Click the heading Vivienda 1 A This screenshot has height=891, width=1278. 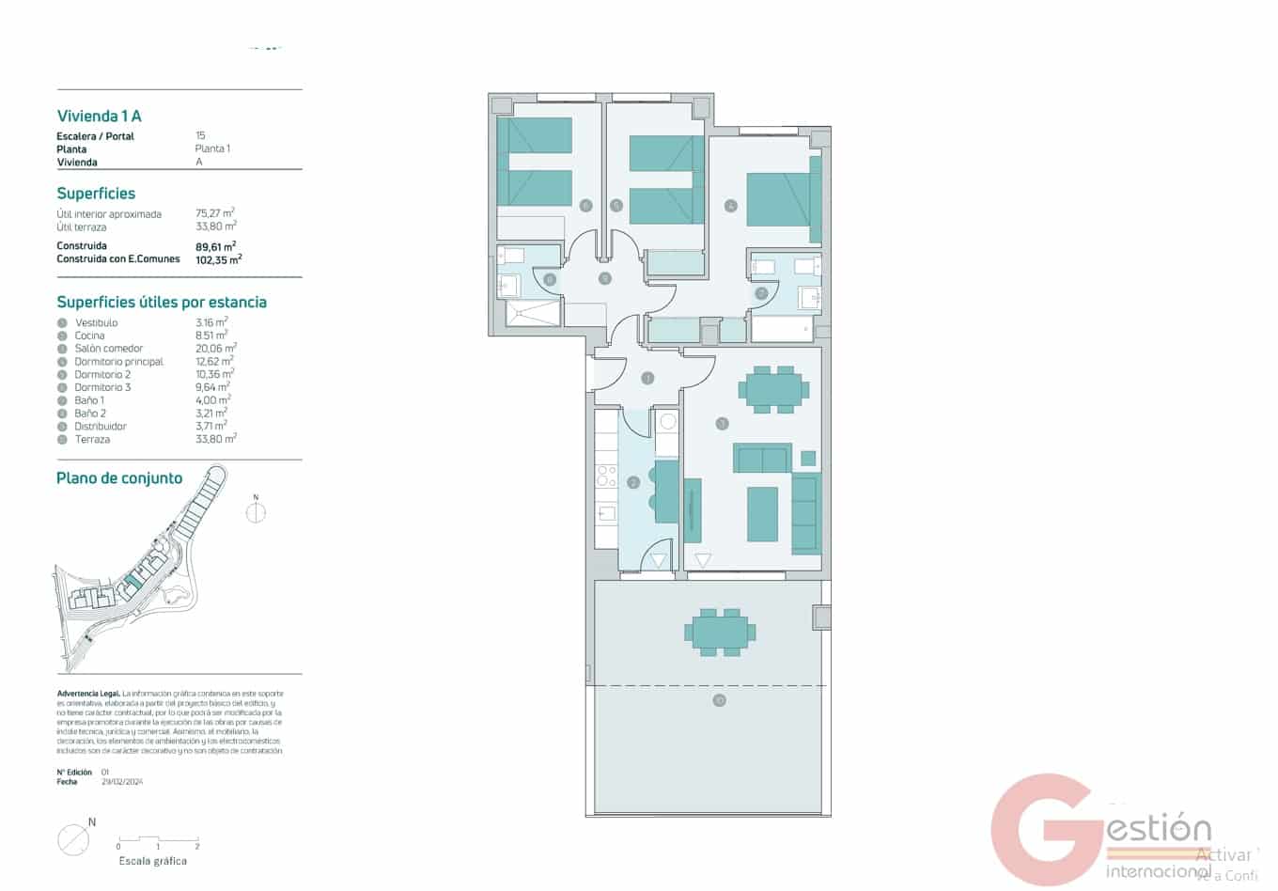point(99,117)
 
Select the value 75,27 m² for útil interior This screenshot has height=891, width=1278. point(214,213)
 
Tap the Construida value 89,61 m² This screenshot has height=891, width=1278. point(215,246)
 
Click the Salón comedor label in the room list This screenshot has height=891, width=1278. point(108,349)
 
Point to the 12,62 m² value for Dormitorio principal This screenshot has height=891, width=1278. point(214,361)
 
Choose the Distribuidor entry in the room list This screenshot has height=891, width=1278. point(101,426)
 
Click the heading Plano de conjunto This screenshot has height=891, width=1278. point(119,478)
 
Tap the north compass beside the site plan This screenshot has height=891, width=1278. point(256,512)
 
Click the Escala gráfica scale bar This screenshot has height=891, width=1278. point(157,839)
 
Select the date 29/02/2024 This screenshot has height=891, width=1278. point(122,782)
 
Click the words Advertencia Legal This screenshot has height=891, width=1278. point(87,694)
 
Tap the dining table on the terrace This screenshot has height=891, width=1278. point(721,632)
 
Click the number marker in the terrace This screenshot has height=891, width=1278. point(719,700)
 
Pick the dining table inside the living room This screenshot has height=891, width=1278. point(774,389)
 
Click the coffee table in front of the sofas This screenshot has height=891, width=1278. point(762,514)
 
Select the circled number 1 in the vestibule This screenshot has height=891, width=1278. point(647,379)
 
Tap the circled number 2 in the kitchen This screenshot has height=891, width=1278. point(633,482)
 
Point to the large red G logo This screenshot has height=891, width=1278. point(1043,830)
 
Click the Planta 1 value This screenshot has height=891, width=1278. point(212,148)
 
